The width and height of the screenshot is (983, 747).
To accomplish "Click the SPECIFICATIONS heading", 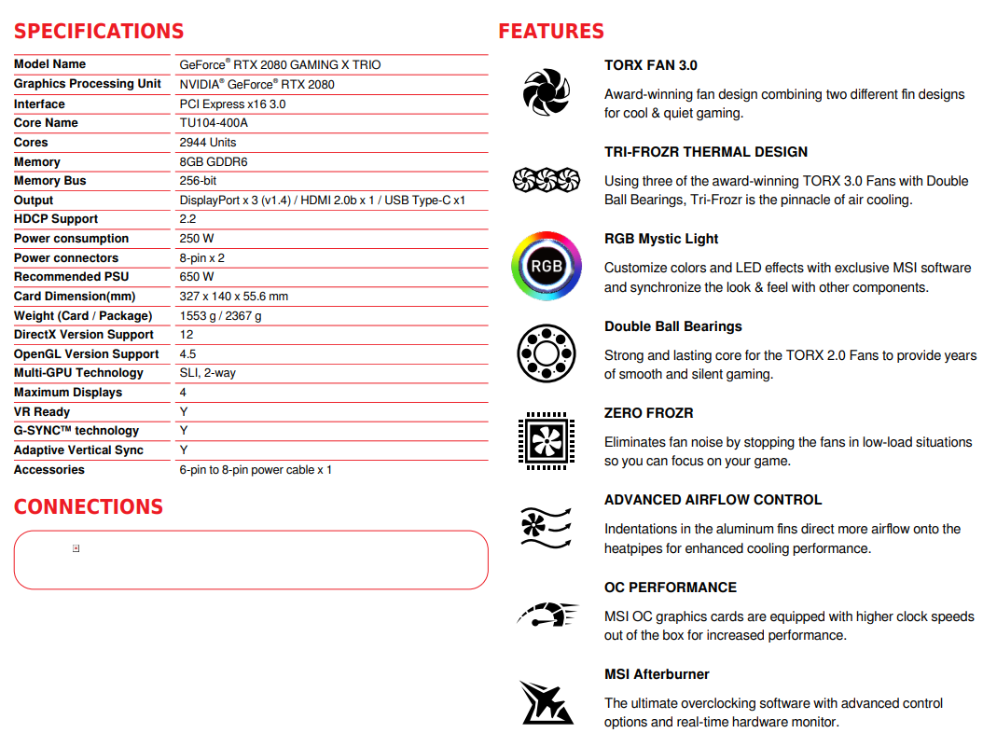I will pyautogui.click(x=99, y=31).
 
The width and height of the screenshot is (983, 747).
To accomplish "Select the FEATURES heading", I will pyautogui.click(x=551, y=31).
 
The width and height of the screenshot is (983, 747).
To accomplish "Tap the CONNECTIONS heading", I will pyautogui.click(x=89, y=506).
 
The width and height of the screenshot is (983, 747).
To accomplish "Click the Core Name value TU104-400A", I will pyautogui.click(x=214, y=123).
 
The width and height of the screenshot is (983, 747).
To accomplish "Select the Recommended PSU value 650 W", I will pyautogui.click(x=197, y=277).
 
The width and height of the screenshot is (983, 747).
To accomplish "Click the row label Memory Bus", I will pyautogui.click(x=50, y=181).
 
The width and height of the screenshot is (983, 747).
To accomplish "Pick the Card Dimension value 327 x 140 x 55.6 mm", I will pyautogui.click(x=234, y=297).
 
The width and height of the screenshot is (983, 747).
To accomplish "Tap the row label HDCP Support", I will pyautogui.click(x=56, y=219).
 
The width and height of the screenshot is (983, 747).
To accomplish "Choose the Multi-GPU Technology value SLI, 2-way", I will pyautogui.click(x=208, y=373).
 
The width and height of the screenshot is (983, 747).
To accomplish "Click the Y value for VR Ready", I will pyautogui.click(x=184, y=412).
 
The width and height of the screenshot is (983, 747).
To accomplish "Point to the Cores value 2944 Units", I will pyautogui.click(x=208, y=143).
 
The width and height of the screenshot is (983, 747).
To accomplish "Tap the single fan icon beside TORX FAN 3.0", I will pyautogui.click(x=546, y=91).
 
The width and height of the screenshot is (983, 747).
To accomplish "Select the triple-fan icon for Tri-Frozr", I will pyautogui.click(x=547, y=179).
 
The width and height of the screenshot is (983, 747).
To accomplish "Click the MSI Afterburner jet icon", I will pyautogui.click(x=546, y=702).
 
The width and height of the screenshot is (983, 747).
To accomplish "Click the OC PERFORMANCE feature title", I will pyautogui.click(x=671, y=588).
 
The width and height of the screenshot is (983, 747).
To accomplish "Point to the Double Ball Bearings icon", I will pyautogui.click(x=546, y=353).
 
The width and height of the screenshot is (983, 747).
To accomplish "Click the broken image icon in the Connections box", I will pyautogui.click(x=76, y=548).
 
